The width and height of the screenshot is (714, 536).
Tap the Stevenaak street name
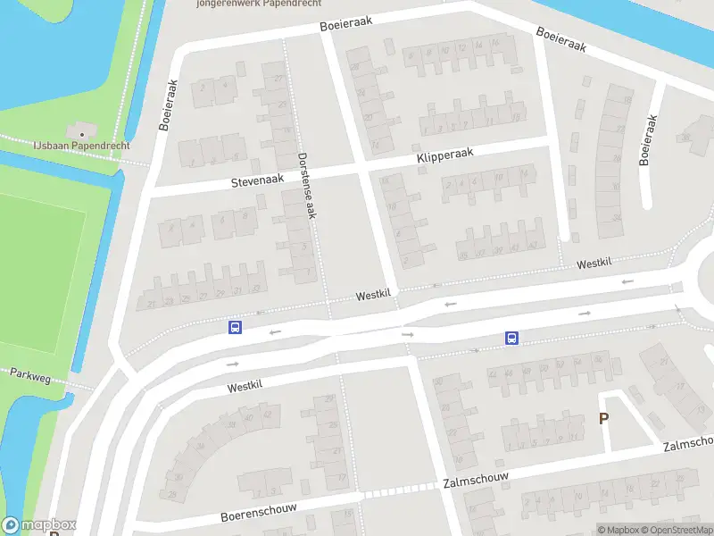[x=257, y=180]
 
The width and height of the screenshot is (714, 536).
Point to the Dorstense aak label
[x=308, y=184]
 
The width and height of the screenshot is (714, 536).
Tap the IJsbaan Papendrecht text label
[x=82, y=146]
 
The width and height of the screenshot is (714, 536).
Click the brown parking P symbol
[x=603, y=418]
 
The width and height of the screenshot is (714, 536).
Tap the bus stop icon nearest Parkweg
[x=235, y=328]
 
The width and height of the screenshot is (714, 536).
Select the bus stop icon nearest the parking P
[x=512, y=338]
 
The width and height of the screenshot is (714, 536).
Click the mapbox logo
[x=38, y=525]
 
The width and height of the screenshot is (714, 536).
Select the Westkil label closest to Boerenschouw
[x=245, y=387]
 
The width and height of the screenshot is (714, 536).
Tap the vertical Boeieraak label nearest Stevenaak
[x=169, y=105]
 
